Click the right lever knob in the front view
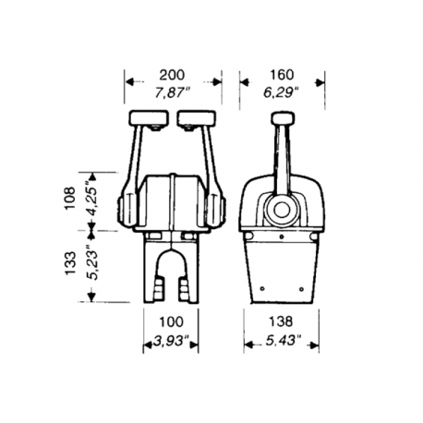click(196, 118)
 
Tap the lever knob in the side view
click(281, 118)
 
